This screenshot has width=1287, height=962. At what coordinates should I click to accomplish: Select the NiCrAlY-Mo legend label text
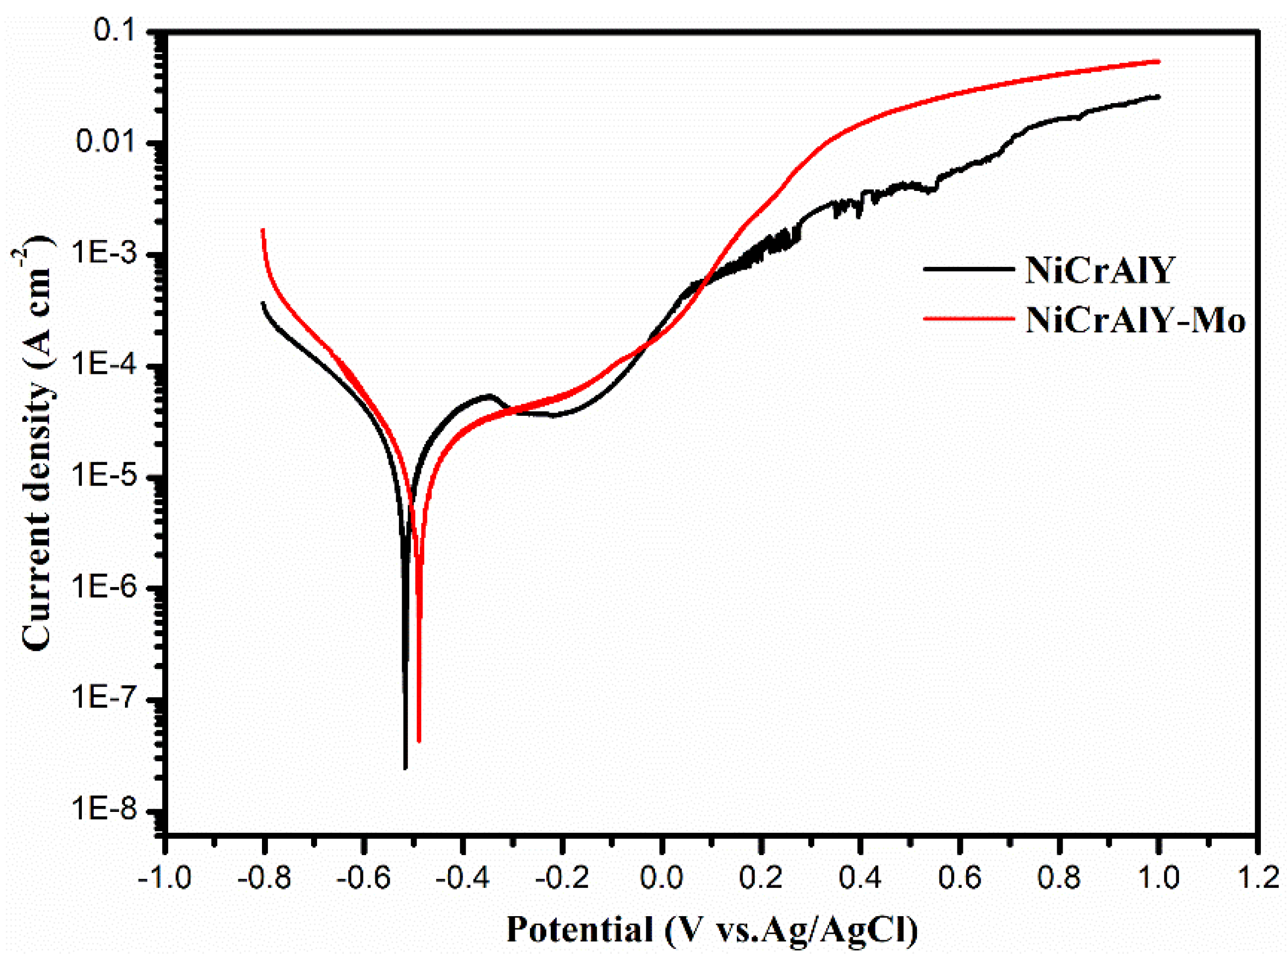tap(1135, 319)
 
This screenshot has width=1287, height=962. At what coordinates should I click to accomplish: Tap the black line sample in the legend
tap(968, 268)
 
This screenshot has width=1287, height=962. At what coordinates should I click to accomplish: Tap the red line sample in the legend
tap(968, 318)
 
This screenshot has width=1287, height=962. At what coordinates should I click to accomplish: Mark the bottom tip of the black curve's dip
tap(406, 768)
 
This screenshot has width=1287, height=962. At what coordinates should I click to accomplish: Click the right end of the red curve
tap(1158, 61)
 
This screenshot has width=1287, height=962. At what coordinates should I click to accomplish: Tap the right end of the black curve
tap(1158, 97)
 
